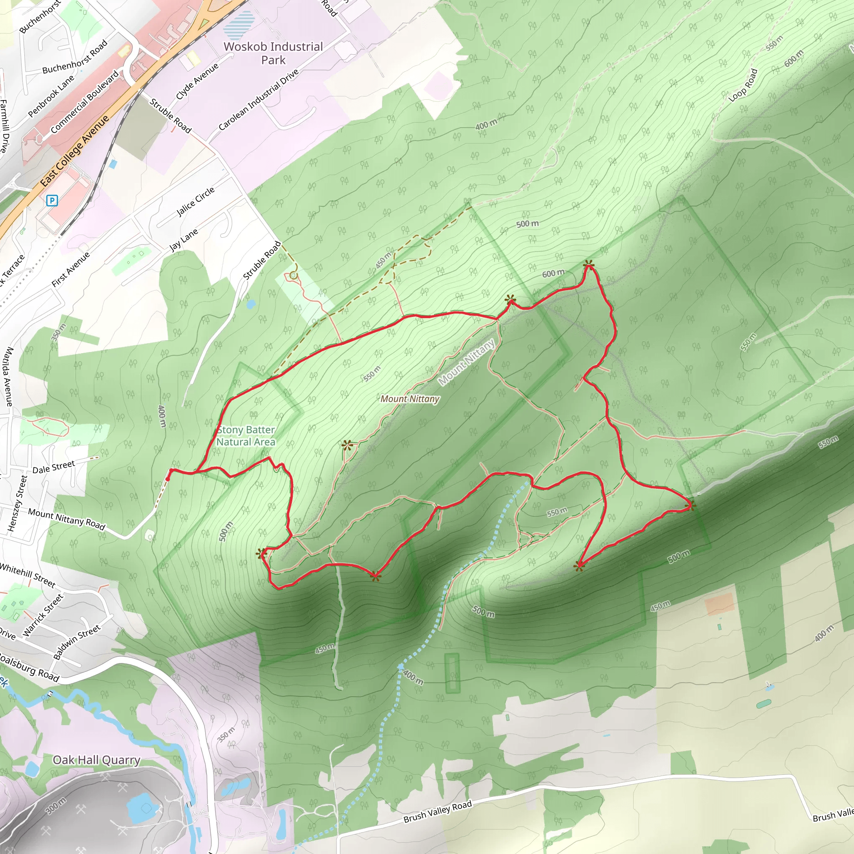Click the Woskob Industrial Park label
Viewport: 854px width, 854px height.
(x=273, y=53)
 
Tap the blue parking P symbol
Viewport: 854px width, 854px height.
(x=52, y=201)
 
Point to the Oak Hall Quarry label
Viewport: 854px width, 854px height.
(x=96, y=760)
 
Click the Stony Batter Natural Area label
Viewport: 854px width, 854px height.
(x=246, y=436)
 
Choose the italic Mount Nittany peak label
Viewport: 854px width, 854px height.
(x=410, y=399)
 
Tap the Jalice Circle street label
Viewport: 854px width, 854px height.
(x=196, y=201)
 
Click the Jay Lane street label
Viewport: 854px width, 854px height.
(x=184, y=240)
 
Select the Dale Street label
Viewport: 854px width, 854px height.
(x=53, y=467)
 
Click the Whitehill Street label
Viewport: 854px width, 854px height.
(x=28, y=575)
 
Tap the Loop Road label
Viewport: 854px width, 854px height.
(x=743, y=85)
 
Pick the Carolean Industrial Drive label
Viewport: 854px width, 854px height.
(x=259, y=100)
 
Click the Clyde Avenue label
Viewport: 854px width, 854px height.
(x=197, y=81)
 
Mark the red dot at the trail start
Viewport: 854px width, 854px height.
(x=168, y=478)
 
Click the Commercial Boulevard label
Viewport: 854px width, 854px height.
(x=85, y=102)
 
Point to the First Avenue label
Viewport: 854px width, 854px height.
(x=71, y=269)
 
